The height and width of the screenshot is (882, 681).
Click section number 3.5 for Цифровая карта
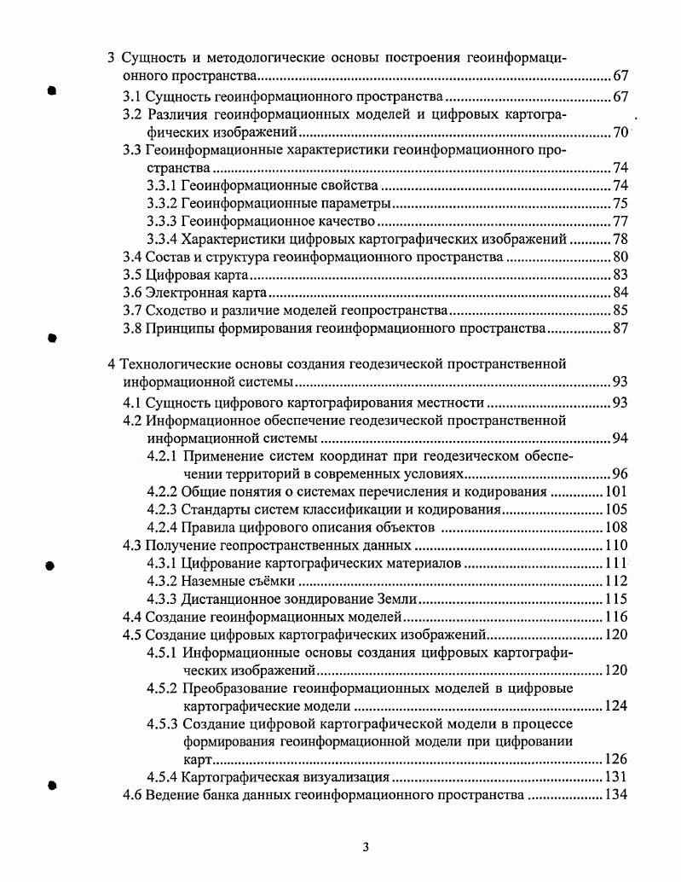132,275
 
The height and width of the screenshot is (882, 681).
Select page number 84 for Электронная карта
620,293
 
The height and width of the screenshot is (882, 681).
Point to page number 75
620,203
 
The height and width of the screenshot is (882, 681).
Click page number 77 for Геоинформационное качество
620,221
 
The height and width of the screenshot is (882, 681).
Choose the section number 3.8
132,328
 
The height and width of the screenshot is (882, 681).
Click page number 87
620,328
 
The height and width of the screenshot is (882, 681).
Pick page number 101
615,491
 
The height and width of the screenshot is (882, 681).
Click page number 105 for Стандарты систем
615,509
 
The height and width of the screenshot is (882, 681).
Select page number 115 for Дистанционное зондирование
615,599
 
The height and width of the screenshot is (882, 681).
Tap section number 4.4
132,617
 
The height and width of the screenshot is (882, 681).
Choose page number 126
615,758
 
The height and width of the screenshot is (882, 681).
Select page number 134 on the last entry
615,795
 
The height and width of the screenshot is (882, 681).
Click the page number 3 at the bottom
365,847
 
